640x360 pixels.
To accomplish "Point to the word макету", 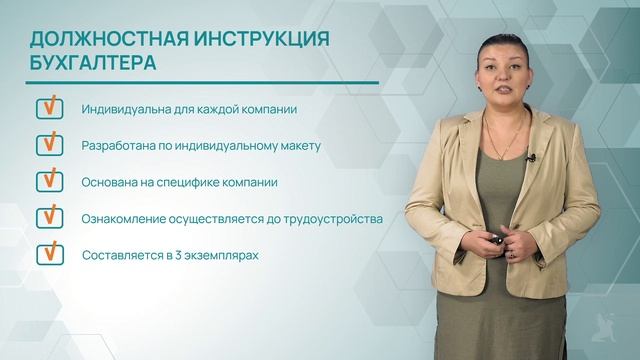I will coord(297,146).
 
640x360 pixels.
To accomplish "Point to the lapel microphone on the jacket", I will coord(531,157).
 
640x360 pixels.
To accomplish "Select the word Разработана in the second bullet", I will coord(119,146).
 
